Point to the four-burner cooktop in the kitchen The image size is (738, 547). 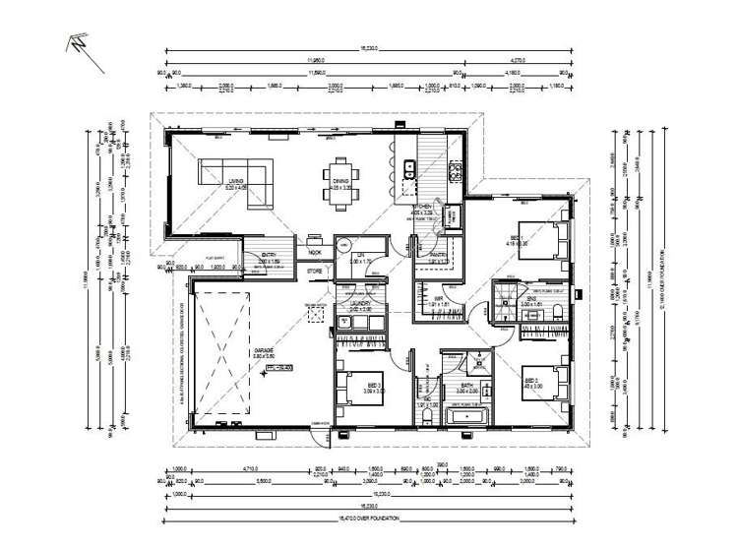click(456, 173)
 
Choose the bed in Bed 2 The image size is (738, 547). click(546, 386)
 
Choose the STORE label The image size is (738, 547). click(314, 269)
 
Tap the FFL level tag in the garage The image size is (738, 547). click(279, 370)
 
